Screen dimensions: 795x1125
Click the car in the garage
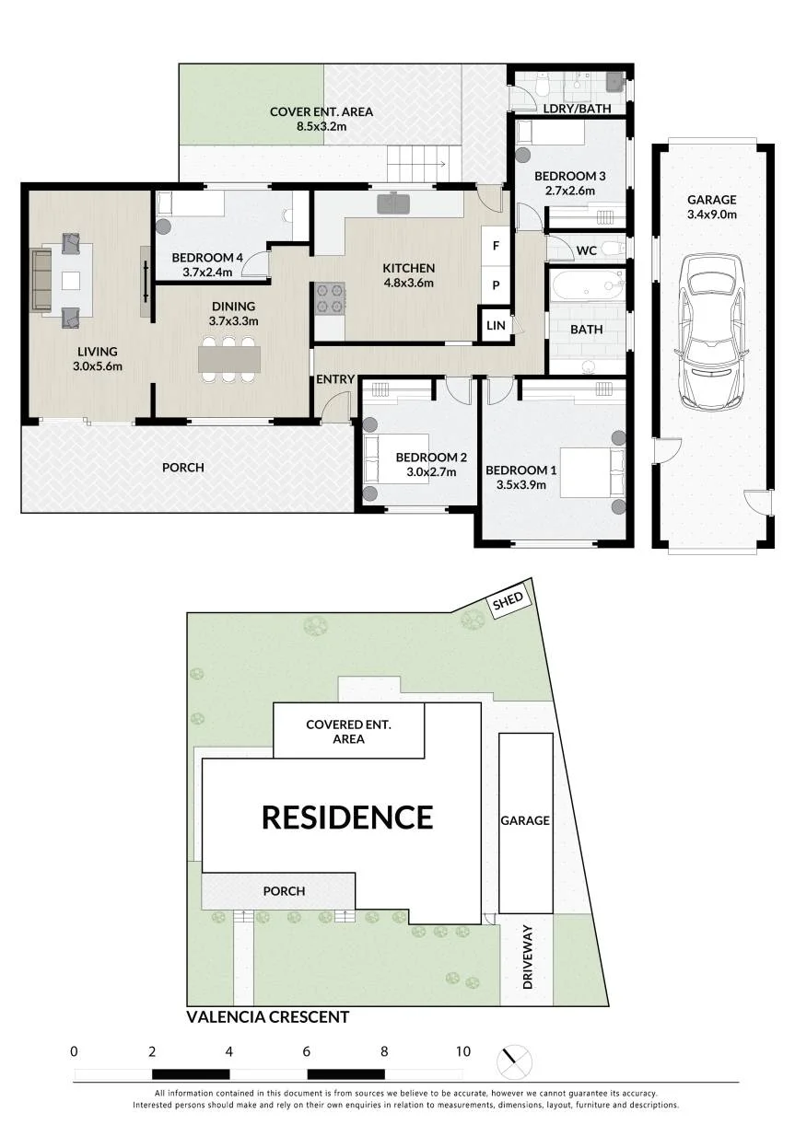pyautogui.click(x=710, y=332)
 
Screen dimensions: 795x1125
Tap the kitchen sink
pyautogui.click(x=393, y=203)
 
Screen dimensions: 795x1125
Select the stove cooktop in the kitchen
pyautogui.click(x=330, y=299)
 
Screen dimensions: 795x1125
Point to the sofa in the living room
pyautogui.click(x=41, y=280)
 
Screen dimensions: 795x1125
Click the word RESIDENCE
pyautogui.click(x=347, y=818)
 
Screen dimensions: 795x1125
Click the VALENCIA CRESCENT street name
pyautogui.click(x=267, y=1017)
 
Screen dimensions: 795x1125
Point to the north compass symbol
pyautogui.click(x=514, y=1061)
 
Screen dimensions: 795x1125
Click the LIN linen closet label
pyautogui.click(x=496, y=326)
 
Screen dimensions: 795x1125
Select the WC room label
pyautogui.click(x=587, y=250)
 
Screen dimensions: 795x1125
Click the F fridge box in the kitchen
pyautogui.click(x=496, y=246)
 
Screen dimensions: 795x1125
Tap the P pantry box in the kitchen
pyautogui.click(x=496, y=284)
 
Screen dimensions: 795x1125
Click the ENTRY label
pyautogui.click(x=335, y=379)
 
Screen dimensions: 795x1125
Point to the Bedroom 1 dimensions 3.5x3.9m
pyautogui.click(x=521, y=484)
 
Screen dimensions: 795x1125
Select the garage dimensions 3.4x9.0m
pyautogui.click(x=712, y=215)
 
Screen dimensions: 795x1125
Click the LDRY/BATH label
pyautogui.click(x=578, y=109)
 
